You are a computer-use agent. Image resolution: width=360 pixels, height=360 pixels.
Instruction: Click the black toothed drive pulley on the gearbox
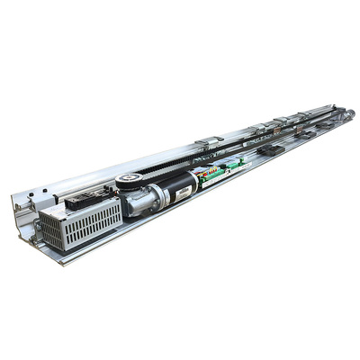point(130,180)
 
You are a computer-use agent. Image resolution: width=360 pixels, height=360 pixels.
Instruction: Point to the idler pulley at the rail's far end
point(347,113)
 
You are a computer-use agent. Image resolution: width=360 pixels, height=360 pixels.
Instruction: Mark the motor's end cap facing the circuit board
point(193,181)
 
